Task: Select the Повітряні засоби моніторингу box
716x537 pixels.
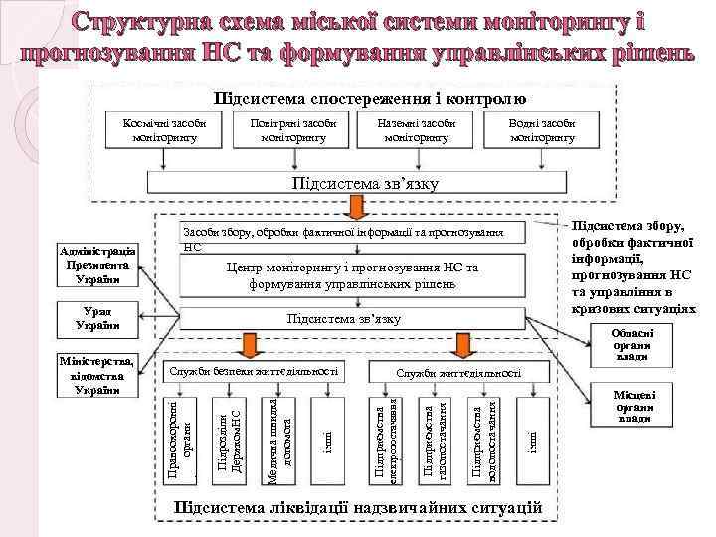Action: pyautogui.click(x=292, y=129)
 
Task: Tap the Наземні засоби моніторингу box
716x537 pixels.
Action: pyautogui.click(x=417, y=129)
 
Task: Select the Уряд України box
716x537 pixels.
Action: pyautogui.click(x=97, y=321)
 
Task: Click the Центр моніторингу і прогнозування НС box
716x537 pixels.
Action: pyautogui.click(x=351, y=276)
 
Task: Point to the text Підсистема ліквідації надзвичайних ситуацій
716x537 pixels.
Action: pyautogui.click(x=357, y=508)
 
